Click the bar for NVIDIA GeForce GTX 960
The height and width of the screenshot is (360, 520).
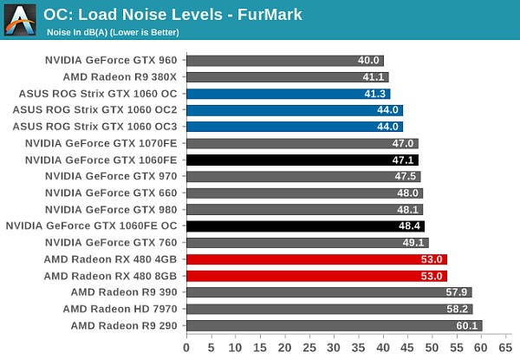284,61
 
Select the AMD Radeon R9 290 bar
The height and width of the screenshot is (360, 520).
334,325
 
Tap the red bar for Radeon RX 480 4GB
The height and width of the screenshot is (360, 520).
316,259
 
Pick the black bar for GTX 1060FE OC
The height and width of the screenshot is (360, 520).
304,226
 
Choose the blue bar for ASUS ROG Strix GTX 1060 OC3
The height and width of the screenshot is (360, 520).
294,127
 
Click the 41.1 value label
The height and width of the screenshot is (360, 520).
374,77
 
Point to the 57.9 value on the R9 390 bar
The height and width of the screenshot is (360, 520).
458,292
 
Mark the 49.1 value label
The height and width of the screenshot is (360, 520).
414,243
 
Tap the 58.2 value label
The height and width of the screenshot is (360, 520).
459,309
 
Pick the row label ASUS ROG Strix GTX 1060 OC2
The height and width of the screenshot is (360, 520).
94,110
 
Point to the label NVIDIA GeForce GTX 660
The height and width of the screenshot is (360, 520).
111,193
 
